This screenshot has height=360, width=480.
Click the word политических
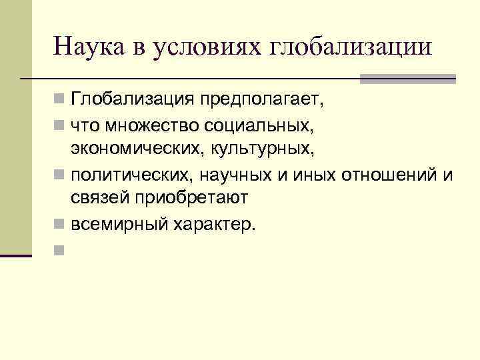pyautogui.click(x=125, y=174)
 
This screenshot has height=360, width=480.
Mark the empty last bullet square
pyautogui.click(x=59, y=249)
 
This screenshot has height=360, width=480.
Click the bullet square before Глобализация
pyautogui.click(x=59, y=101)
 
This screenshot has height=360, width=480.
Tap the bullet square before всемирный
pyautogui.click(x=59, y=223)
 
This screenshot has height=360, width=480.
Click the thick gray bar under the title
pyautogui.click(x=407, y=79)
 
